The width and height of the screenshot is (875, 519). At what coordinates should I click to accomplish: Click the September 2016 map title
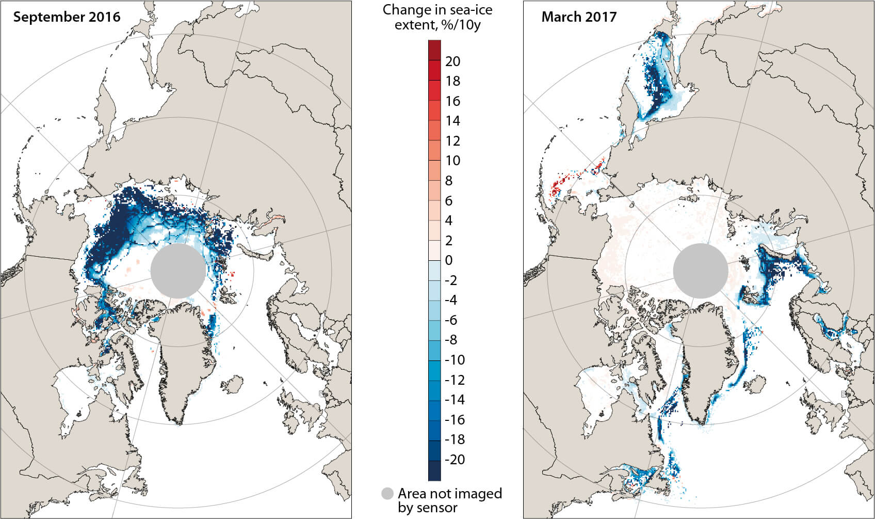[67, 17]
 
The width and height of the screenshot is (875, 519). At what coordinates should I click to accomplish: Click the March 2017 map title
[579, 17]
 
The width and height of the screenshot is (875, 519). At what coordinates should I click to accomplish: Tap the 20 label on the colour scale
[452, 61]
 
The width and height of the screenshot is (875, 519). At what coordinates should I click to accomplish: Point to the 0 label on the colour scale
[448, 260]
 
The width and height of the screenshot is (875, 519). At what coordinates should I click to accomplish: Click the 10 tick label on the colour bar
[452, 161]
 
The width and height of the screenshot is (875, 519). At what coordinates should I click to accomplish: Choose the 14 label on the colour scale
[452, 121]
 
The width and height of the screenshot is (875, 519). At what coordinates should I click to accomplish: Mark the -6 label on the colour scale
[451, 320]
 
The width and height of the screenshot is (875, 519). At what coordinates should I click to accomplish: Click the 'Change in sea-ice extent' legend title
[437, 17]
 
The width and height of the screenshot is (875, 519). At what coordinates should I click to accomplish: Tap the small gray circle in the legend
[387, 494]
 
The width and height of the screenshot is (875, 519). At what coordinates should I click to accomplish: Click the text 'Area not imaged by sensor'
[449, 500]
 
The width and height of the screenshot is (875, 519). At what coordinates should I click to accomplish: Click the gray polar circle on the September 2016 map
[178, 271]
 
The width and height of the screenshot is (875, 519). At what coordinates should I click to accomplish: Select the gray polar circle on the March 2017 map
[701, 271]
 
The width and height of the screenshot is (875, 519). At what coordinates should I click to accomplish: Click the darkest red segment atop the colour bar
[434, 49]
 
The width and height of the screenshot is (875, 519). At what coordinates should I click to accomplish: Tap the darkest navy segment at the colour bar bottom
[434, 471]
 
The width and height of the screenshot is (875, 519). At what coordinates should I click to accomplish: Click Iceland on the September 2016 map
[234, 384]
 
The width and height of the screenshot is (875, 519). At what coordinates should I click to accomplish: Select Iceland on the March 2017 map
[756, 384]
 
